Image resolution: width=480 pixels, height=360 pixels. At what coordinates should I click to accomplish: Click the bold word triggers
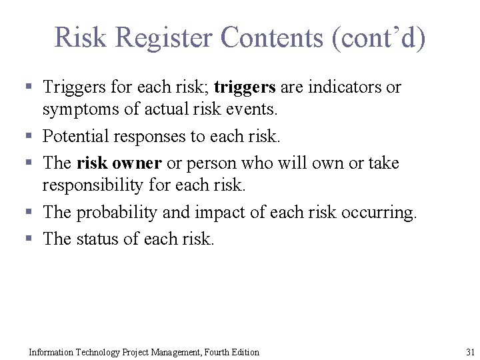[x=245, y=87]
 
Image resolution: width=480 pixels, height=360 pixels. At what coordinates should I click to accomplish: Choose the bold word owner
[x=137, y=163]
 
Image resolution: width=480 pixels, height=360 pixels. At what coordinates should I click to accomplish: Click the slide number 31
[x=470, y=352]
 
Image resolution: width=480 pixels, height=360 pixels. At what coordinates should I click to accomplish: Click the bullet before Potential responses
[x=29, y=137]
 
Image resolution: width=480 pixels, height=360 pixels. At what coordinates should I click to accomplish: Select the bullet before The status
[x=29, y=239]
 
